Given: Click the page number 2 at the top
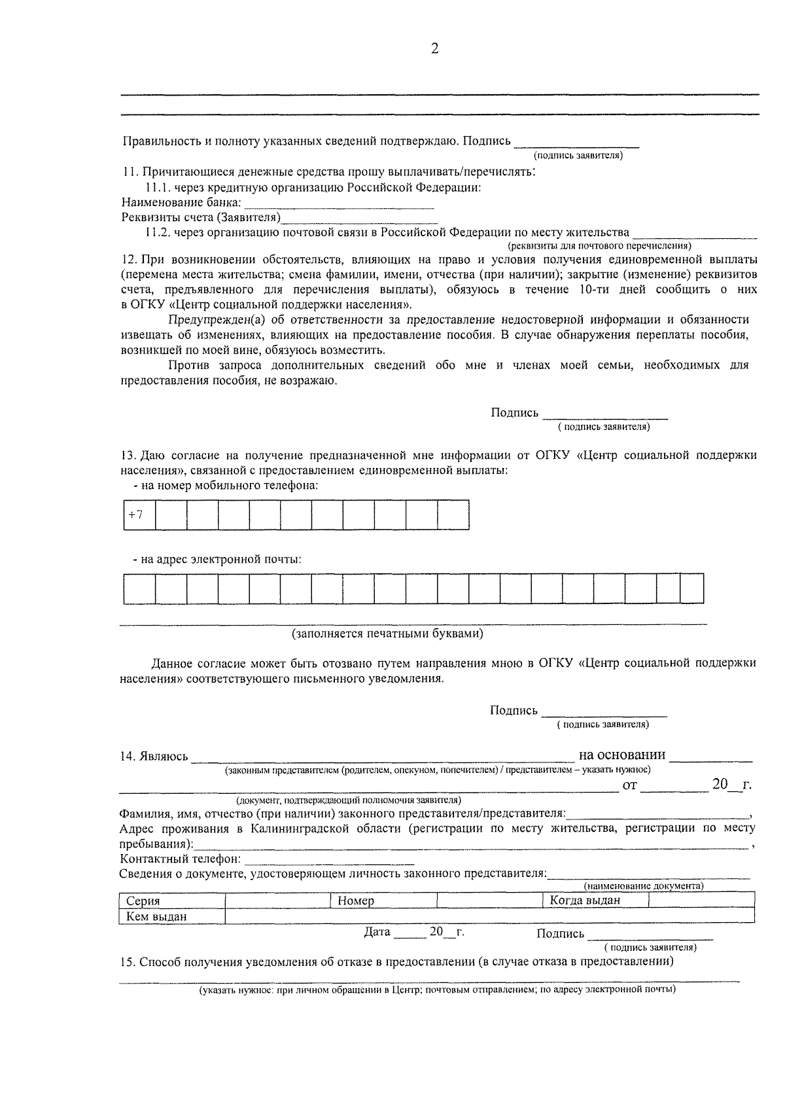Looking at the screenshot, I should [x=434, y=48].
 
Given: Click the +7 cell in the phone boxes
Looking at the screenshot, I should [x=139, y=514].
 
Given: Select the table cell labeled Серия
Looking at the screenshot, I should [x=171, y=901].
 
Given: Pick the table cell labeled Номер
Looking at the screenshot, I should [x=383, y=901].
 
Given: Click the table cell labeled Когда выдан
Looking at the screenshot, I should [x=594, y=900].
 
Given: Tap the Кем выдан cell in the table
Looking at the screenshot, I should [x=171, y=916].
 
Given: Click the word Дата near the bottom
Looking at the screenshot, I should [x=377, y=932].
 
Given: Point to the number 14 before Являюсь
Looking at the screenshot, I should [x=127, y=757].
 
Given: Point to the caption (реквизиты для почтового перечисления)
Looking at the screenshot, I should [x=600, y=246].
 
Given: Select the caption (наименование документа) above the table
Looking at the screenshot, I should [x=644, y=885].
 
